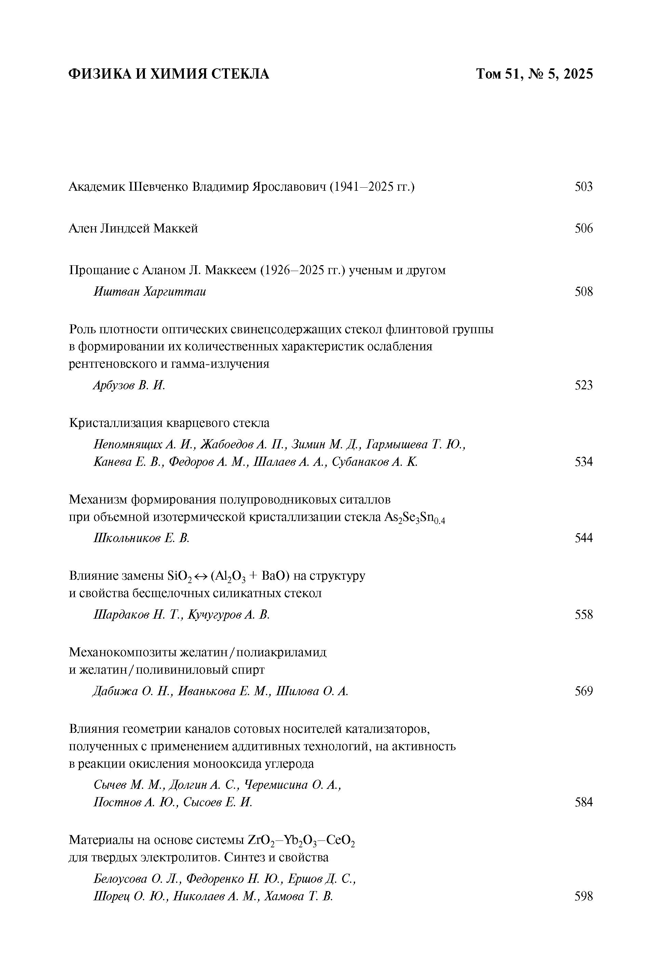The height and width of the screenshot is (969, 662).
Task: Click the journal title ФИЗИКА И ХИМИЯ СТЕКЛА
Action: click(x=168, y=74)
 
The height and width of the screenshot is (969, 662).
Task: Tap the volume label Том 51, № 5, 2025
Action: click(x=534, y=74)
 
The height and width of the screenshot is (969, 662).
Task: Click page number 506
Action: click(x=583, y=228)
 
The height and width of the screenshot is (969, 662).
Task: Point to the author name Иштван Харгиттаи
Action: click(x=150, y=291)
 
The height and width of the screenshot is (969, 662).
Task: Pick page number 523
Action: click(x=583, y=385)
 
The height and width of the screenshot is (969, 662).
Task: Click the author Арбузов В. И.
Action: click(x=129, y=385)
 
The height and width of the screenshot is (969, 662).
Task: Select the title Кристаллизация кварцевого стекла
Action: click(x=169, y=423)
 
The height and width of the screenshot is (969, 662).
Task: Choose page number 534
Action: click(x=583, y=461)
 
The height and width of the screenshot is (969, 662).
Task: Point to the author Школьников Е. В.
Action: click(x=141, y=538)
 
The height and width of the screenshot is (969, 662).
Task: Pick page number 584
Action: click(x=583, y=802)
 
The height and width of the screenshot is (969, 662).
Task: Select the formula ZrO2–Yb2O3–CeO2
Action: click(x=301, y=840)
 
